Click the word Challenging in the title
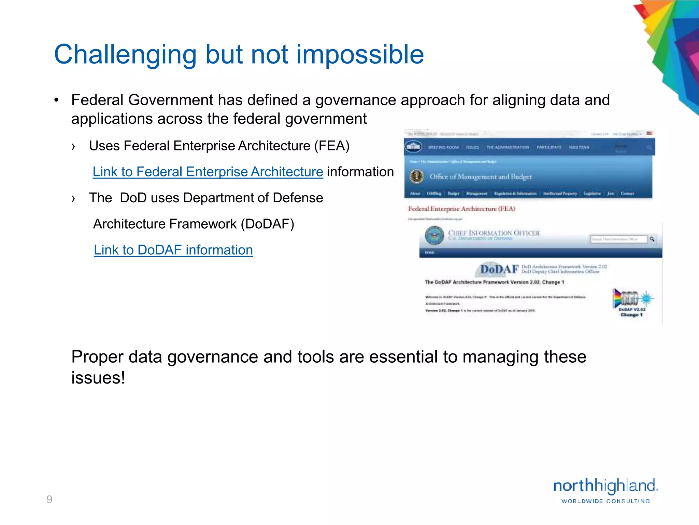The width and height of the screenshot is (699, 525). [x=125, y=55]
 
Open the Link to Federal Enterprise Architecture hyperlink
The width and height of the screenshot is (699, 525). [x=208, y=172]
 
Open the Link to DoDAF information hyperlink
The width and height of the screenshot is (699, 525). [x=173, y=250]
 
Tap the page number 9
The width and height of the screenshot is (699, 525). [x=49, y=499]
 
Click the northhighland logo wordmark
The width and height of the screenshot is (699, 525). [x=605, y=486]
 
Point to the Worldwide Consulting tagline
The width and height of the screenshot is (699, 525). [x=605, y=501]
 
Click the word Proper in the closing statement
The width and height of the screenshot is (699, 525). [x=97, y=357]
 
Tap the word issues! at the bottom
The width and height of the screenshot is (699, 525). [x=98, y=378]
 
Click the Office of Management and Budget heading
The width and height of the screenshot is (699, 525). [x=481, y=177]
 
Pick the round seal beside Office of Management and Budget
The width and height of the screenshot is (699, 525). [x=416, y=176]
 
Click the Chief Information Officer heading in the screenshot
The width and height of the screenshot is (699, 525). [x=494, y=233]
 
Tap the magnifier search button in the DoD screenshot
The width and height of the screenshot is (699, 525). [x=652, y=239]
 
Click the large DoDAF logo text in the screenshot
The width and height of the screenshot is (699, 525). [x=499, y=269]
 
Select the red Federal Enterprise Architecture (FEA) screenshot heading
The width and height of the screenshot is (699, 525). [x=461, y=209]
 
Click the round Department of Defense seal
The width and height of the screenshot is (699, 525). [x=434, y=235]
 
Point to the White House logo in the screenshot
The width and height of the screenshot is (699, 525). [x=413, y=147]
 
